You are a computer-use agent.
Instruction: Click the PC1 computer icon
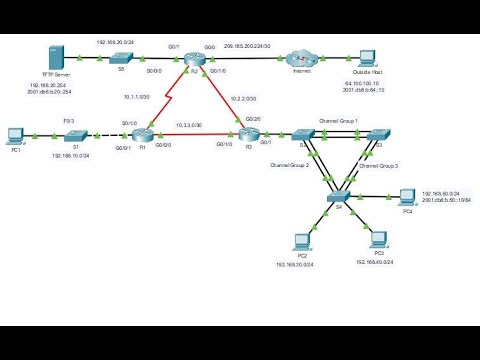click(16, 134)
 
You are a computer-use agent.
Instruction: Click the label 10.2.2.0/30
click(245, 99)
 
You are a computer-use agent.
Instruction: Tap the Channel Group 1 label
click(338, 120)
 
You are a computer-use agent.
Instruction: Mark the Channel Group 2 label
click(290, 165)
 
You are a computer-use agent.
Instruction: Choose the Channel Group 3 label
click(379, 165)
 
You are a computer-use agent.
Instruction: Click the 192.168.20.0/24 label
click(115, 43)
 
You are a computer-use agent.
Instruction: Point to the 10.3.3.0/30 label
click(188, 125)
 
